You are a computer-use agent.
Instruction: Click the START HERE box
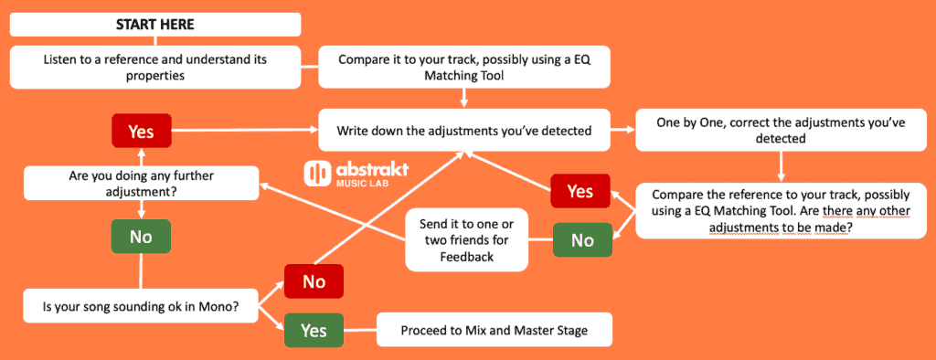(x=155, y=25)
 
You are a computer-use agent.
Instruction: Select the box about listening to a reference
(x=155, y=68)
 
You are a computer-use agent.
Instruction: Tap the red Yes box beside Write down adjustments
(x=142, y=131)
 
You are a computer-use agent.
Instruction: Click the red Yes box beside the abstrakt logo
(x=580, y=191)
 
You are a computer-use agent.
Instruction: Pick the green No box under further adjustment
(x=142, y=237)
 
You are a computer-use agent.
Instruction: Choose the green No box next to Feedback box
(x=582, y=240)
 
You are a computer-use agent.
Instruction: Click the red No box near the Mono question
(x=314, y=281)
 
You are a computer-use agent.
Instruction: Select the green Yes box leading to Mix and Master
(x=314, y=330)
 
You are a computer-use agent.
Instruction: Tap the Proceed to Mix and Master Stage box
(x=495, y=330)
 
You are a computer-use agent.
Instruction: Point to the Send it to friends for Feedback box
(x=467, y=240)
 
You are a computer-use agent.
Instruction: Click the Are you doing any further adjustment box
(x=141, y=184)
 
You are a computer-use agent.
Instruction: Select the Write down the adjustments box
(x=464, y=130)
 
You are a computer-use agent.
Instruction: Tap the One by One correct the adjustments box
(x=781, y=130)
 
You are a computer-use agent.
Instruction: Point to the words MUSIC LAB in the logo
(x=362, y=183)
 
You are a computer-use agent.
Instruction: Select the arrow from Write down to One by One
(x=623, y=129)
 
